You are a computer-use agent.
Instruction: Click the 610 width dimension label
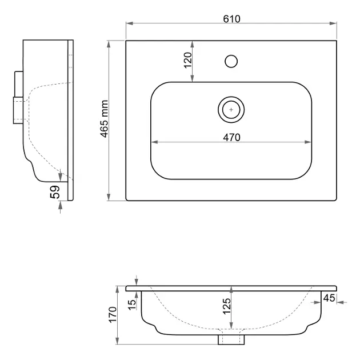point(231,18)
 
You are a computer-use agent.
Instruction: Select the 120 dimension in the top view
point(187,60)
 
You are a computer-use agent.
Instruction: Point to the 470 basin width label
point(231,137)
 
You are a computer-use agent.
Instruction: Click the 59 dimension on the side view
point(55,192)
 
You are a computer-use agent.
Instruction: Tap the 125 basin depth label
point(226,309)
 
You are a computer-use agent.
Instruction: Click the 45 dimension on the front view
point(329,297)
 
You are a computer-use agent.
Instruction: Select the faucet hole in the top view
point(231,60)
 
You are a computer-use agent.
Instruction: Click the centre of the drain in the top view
point(231,108)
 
